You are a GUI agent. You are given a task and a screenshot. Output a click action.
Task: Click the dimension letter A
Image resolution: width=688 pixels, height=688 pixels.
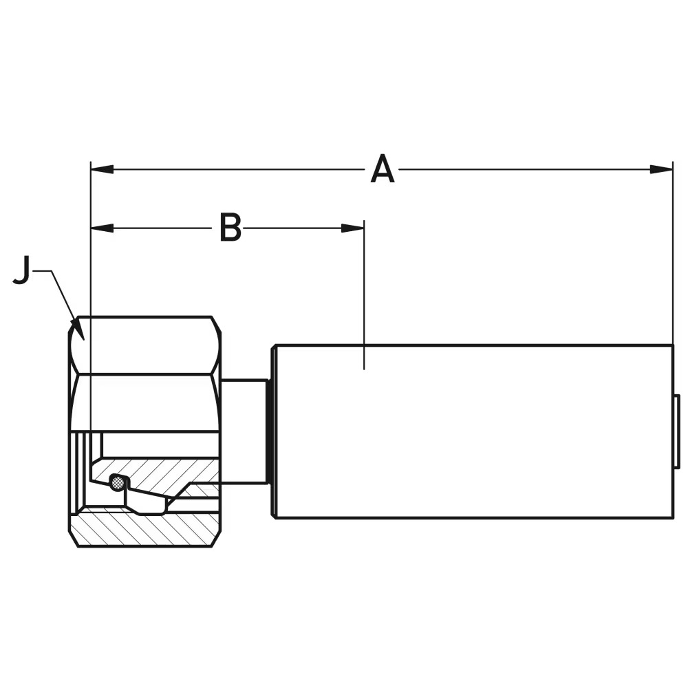[383, 170]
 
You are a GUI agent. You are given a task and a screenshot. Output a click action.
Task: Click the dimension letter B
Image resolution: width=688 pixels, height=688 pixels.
[230, 228]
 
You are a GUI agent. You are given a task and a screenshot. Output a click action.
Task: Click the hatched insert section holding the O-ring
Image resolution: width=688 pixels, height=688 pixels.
[172, 475]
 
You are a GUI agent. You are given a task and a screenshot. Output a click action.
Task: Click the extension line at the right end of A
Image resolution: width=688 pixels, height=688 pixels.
[672, 261]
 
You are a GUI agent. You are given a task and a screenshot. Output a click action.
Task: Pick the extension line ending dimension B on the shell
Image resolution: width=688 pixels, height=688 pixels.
[364, 296]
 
